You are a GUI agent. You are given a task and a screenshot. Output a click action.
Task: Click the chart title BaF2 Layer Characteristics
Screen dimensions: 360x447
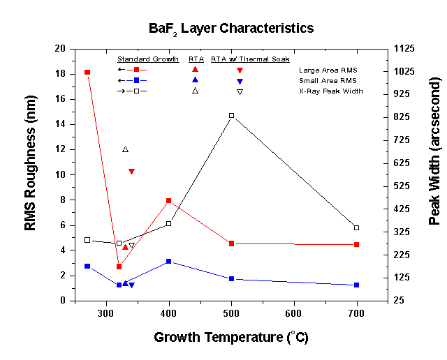230,29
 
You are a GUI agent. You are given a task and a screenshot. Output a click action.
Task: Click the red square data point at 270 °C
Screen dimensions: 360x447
87,73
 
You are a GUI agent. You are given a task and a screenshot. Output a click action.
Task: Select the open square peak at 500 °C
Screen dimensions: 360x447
232,115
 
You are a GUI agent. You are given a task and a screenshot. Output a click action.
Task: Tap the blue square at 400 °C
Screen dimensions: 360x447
169,261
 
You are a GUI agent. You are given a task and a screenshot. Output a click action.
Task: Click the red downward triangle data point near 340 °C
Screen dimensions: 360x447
131,171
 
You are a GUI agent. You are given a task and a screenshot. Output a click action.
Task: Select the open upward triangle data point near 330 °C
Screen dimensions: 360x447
125,149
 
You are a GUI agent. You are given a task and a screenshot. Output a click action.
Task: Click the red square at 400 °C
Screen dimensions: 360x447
169,201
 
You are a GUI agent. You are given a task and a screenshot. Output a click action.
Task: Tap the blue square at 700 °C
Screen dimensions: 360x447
357,285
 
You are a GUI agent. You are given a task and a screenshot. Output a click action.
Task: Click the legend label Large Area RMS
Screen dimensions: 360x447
328,70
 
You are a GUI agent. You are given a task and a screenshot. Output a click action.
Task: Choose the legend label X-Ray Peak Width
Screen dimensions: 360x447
330,91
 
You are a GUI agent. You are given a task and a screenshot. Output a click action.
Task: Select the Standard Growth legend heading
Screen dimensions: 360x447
148,59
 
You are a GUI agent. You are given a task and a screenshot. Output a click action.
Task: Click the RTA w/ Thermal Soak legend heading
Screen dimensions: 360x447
250,59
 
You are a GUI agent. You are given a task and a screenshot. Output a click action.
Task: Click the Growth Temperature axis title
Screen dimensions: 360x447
230,338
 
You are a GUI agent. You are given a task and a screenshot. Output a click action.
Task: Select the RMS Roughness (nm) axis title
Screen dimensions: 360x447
31,174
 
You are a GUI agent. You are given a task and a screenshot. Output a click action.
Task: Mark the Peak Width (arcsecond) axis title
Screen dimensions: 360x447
434,174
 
